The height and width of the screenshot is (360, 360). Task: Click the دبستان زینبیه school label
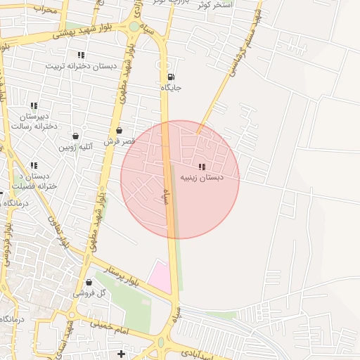click(x=202, y=178)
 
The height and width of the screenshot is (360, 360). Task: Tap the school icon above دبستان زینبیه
click(x=202, y=167)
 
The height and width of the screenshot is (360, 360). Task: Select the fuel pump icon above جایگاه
click(x=172, y=77)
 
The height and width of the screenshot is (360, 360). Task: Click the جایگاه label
click(x=171, y=88)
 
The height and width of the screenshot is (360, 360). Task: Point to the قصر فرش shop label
click(x=119, y=141)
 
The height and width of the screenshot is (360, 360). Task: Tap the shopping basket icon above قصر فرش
click(x=119, y=130)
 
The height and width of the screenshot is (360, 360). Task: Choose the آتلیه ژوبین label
click(x=76, y=147)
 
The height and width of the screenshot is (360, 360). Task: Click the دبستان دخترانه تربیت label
click(x=80, y=65)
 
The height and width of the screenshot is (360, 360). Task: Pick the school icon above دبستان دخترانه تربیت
click(x=81, y=54)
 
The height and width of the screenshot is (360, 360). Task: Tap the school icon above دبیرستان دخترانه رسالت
click(x=33, y=105)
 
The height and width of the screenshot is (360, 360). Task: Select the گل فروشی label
click(x=91, y=292)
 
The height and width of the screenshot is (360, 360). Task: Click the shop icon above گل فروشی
click(x=89, y=282)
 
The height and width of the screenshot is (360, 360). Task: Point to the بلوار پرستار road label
click(x=123, y=276)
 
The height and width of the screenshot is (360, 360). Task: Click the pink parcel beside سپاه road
click(x=161, y=277)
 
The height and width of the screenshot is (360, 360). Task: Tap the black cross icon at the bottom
click(x=121, y=353)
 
